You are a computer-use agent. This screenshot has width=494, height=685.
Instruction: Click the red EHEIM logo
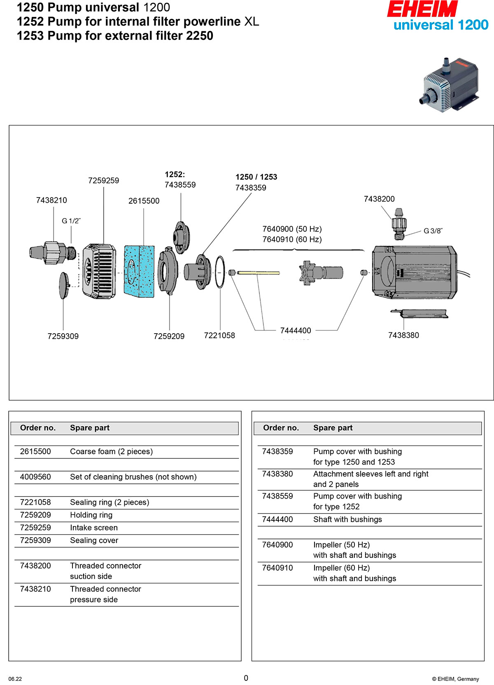pos(422,9)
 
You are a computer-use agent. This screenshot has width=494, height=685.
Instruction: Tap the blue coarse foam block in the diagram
pos(139,271)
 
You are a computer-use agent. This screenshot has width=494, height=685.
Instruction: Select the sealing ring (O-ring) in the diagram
pos(220,272)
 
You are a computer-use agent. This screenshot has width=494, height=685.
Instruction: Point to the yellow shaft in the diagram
pos(259,272)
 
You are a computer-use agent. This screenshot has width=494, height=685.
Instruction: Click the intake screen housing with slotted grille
pos(99,271)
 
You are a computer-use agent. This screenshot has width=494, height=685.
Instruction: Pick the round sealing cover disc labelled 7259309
pos(63,285)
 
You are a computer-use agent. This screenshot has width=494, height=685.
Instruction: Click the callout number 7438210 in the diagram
pos(51,200)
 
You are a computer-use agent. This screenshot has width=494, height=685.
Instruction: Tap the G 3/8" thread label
pos(433,231)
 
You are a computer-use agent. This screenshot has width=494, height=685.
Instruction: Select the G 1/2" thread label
pos(71,221)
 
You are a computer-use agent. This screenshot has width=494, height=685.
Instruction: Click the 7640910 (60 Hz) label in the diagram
pos(292,239)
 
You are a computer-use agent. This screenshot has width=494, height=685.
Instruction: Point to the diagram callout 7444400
pos(296,330)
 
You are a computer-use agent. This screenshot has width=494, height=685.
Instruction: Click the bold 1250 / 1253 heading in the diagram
pos(256,177)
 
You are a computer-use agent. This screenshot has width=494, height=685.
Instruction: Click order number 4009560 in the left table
pos(35,477)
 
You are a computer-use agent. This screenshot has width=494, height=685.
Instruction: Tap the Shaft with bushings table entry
pos(347,520)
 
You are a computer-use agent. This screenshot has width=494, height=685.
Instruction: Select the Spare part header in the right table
pos(333,428)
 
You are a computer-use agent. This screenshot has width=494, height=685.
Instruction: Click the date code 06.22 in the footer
pos(15,679)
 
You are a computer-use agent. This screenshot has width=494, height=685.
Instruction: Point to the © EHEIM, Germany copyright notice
pos(455,679)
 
